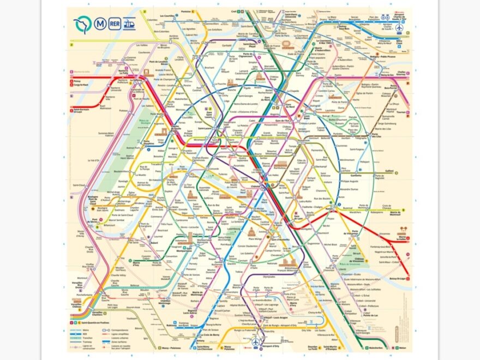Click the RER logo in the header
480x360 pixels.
tap(115, 23)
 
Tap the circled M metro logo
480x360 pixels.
tap(100, 23)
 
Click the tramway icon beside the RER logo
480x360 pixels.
tap(129, 23)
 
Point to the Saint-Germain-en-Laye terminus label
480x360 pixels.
tap(80, 112)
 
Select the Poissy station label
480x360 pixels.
tap(76, 81)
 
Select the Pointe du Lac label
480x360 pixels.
tap(371, 315)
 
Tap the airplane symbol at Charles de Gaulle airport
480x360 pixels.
tap(399, 27)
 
